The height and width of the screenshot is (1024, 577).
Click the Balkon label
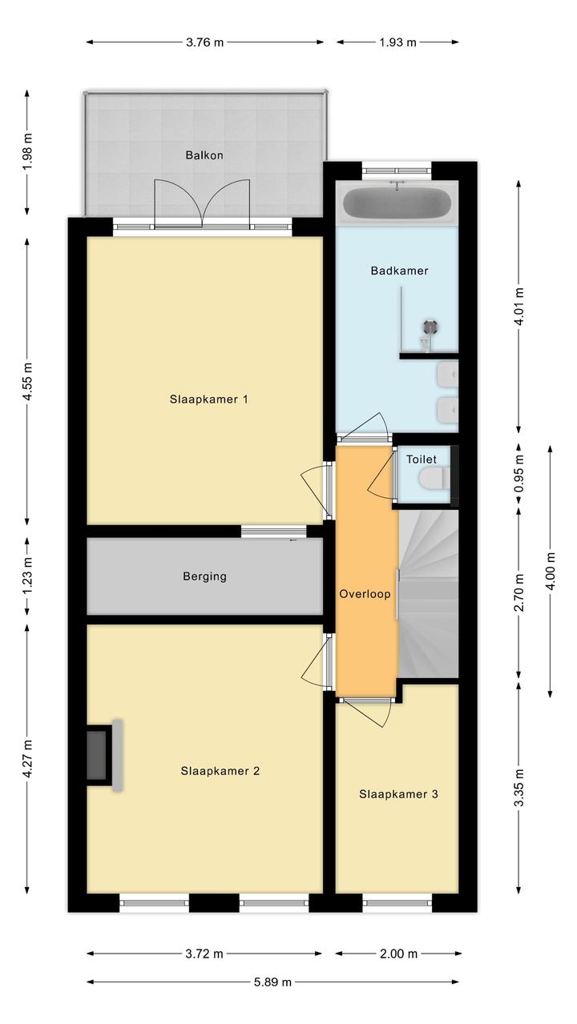(x=204, y=155)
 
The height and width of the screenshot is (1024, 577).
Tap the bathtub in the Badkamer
(x=397, y=203)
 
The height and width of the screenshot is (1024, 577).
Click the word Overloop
(x=365, y=594)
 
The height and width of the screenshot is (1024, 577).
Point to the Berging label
(x=204, y=576)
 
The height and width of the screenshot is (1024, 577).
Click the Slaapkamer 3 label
(x=398, y=794)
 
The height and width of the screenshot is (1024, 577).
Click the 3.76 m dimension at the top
(x=204, y=42)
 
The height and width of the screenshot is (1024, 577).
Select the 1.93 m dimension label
(x=397, y=42)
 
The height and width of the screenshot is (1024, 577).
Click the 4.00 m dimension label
(x=551, y=571)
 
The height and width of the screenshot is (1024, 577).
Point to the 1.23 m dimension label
(x=27, y=576)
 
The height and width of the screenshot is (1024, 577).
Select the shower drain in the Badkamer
(x=430, y=326)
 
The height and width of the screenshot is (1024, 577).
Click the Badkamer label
(x=399, y=270)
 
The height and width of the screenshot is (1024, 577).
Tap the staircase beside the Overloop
(x=428, y=593)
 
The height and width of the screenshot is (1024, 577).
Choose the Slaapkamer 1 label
(x=209, y=399)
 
